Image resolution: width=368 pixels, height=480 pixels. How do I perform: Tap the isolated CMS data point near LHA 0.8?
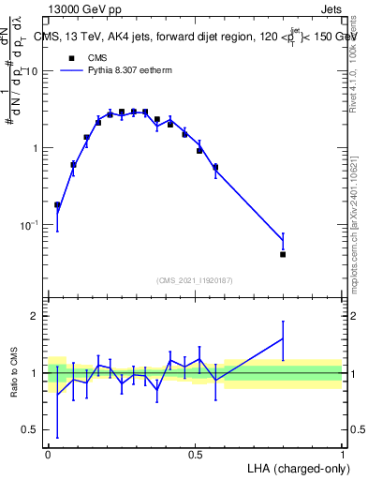(x=283, y=254)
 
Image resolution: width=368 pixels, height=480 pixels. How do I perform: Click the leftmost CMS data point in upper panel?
(x=57, y=204)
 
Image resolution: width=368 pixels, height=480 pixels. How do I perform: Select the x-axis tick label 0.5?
(x=195, y=454)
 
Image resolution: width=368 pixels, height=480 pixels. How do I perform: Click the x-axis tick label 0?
(x=49, y=454)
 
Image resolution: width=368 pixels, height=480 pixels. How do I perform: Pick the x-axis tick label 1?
(x=343, y=454)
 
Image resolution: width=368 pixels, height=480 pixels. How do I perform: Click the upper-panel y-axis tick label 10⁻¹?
(x=30, y=225)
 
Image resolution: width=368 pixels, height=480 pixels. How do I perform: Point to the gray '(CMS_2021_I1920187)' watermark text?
(x=195, y=280)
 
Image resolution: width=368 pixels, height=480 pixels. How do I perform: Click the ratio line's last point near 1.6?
(x=283, y=338)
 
